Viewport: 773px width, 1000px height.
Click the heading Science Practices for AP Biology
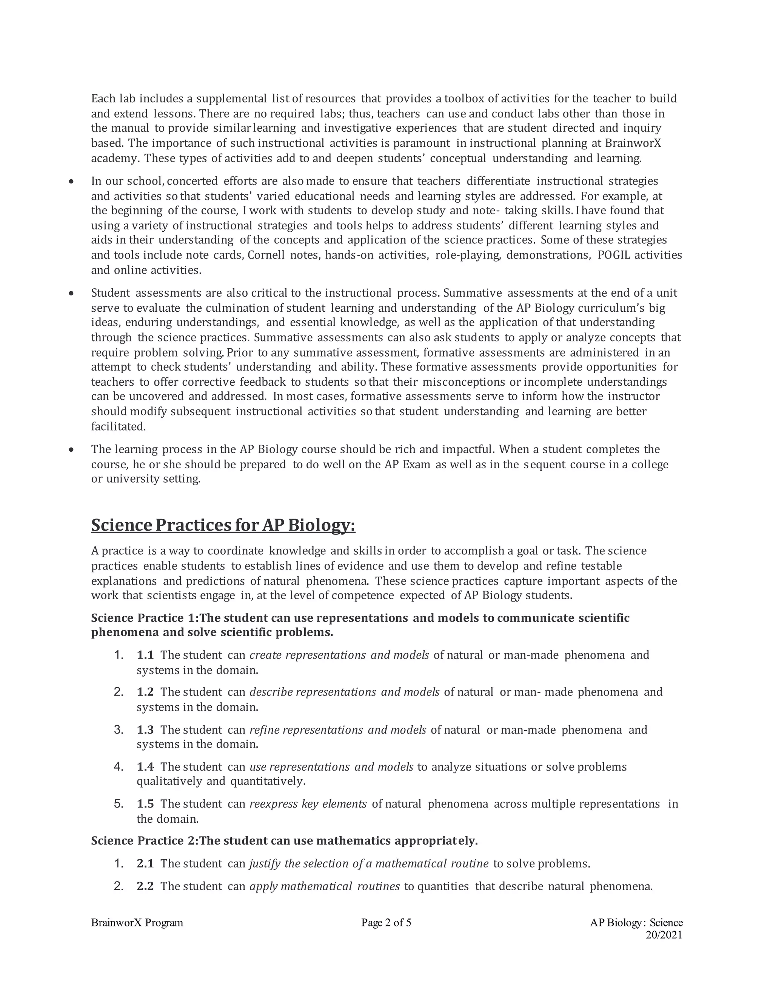tap(223, 525)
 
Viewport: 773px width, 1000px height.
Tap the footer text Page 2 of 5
tap(386, 923)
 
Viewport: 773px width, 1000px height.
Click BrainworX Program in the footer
tap(137, 923)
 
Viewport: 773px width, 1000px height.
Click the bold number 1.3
tap(145, 729)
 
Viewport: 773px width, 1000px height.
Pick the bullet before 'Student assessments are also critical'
tap(71, 293)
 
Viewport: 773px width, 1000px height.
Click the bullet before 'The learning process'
tap(71, 450)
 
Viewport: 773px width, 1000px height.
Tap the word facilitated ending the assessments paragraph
tap(118, 427)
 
